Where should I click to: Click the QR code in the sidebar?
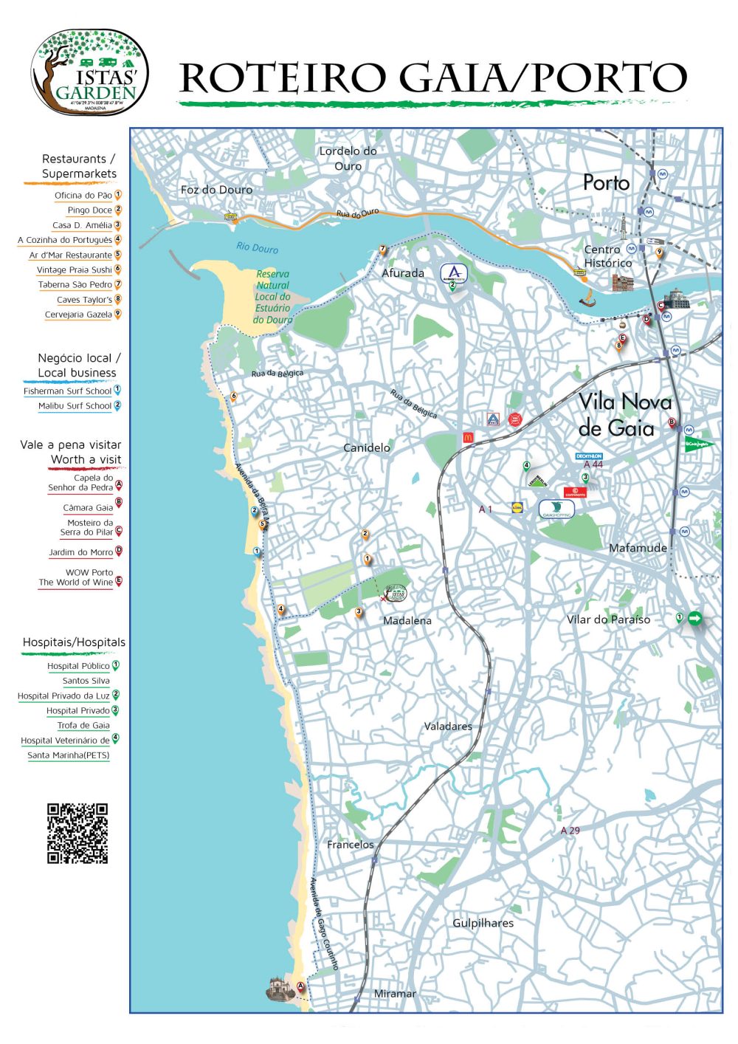[77, 833]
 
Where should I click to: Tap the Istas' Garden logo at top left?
[89, 72]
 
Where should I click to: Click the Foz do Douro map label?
[216, 190]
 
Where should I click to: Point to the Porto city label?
[606, 182]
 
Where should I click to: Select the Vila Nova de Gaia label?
[624, 415]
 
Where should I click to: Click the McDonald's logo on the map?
[467, 437]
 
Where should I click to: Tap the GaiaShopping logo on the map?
[556, 509]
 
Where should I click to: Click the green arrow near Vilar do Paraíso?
[694, 618]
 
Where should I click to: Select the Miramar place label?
[395, 993]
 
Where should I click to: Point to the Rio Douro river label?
[257, 248]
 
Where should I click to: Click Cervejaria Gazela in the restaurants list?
[78, 315]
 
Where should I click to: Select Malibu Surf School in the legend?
[75, 406]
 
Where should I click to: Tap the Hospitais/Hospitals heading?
[74, 642]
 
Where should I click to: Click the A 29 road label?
[570, 830]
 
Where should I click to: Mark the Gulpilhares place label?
[483, 923]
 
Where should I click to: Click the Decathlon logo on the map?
[589, 456]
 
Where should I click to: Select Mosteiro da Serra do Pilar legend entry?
[86, 527]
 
